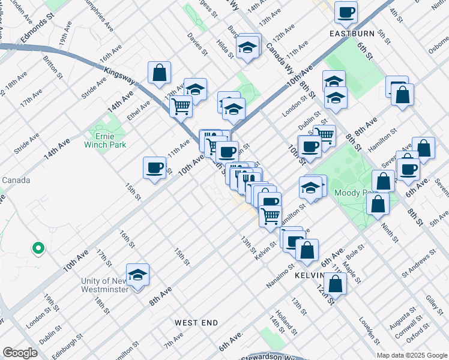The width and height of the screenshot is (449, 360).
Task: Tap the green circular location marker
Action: [38, 247]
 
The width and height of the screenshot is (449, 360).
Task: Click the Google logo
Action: [20, 353]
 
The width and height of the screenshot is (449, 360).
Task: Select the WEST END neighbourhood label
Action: [196, 323]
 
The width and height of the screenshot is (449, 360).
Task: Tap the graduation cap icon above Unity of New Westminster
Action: [138, 275]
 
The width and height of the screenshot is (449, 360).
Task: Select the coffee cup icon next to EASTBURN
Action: [346, 11]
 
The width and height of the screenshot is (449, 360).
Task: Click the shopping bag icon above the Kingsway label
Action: [160, 73]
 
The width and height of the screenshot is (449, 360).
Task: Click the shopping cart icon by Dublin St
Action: [324, 135]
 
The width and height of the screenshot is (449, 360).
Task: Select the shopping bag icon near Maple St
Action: [335, 284]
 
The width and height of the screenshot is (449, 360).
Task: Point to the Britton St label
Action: [52, 67]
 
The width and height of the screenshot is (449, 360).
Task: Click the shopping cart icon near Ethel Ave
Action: [180, 107]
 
